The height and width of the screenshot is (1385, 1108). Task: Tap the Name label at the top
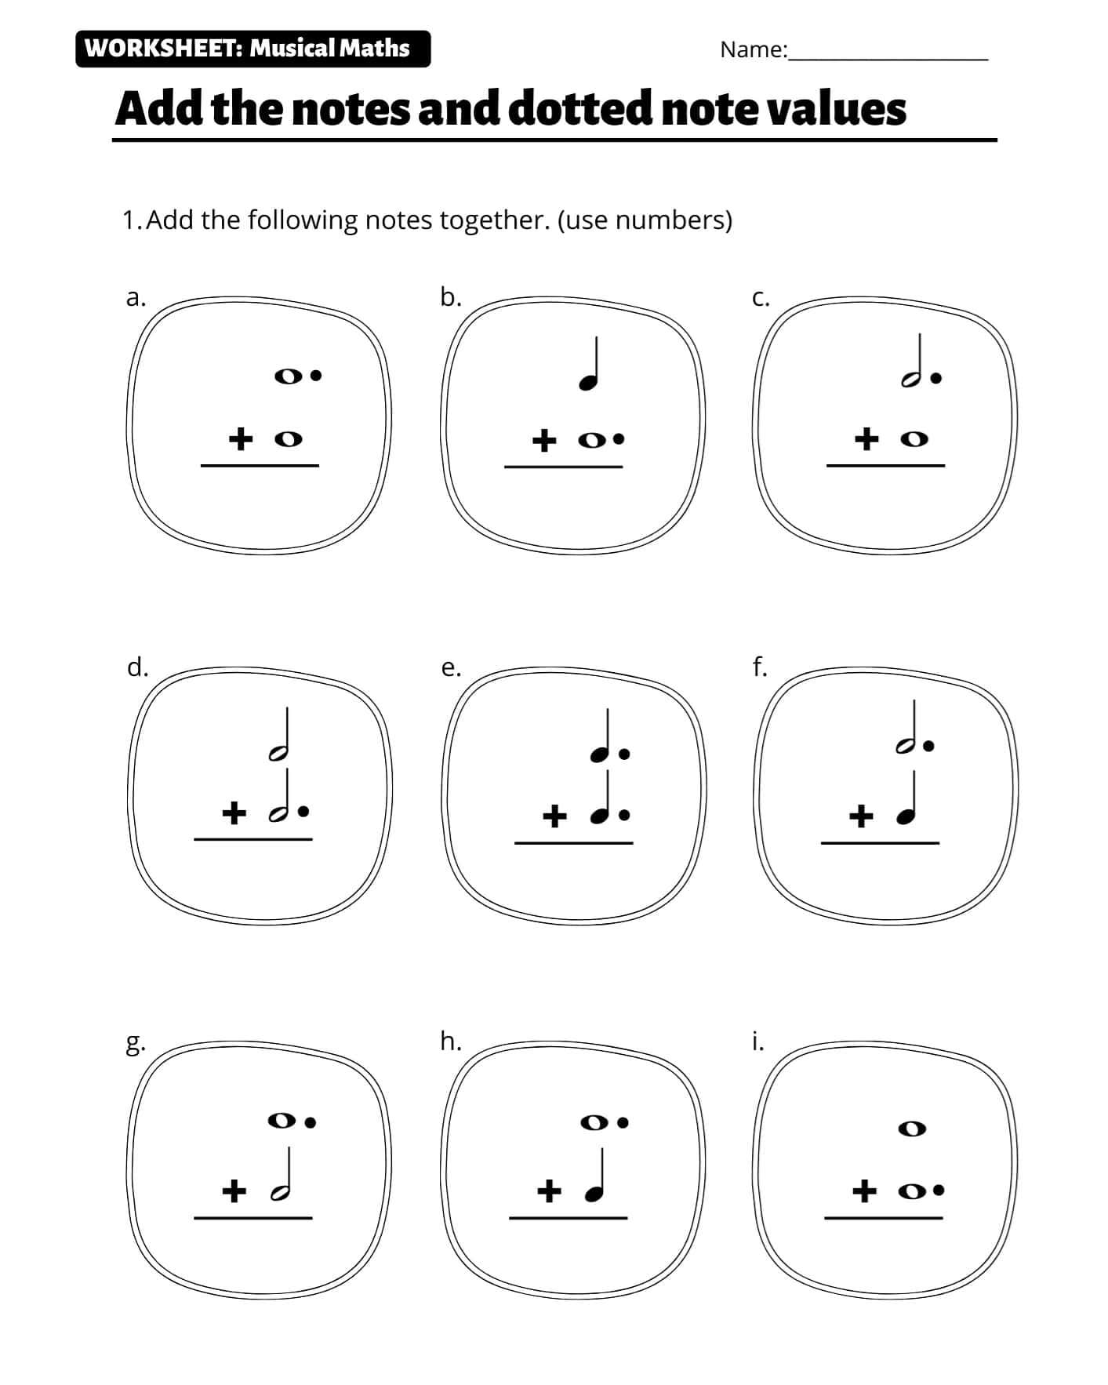(x=754, y=49)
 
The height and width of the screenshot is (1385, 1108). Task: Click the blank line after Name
(x=888, y=60)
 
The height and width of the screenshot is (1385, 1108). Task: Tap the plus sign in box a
(x=242, y=438)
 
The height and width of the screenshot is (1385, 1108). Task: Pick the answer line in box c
(x=886, y=465)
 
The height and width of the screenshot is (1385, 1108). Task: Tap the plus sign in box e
(x=554, y=817)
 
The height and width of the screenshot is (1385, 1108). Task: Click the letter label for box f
(x=759, y=667)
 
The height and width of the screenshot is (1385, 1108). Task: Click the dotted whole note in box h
(x=605, y=1122)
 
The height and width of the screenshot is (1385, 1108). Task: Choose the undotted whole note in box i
(x=911, y=1129)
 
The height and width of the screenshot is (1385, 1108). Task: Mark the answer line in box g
(x=253, y=1218)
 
